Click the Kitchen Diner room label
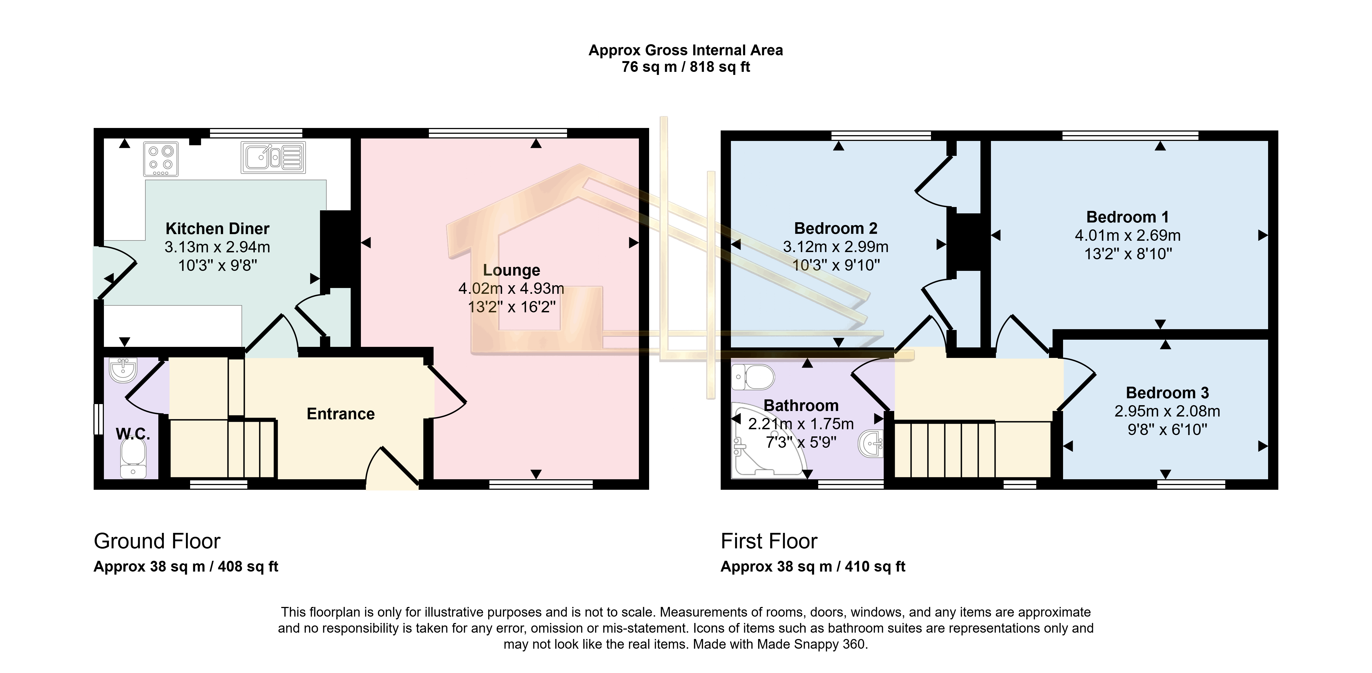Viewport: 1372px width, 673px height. coord(217,229)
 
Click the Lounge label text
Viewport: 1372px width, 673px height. coord(511,270)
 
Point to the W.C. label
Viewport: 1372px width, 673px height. coord(133,434)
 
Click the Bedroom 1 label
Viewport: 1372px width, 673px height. coord(1127,217)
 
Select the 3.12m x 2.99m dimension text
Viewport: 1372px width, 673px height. coord(835,247)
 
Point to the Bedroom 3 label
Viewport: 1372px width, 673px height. coord(1167,393)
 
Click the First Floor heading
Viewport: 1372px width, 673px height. coord(768,541)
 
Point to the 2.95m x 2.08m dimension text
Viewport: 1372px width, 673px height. coord(1167,411)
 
